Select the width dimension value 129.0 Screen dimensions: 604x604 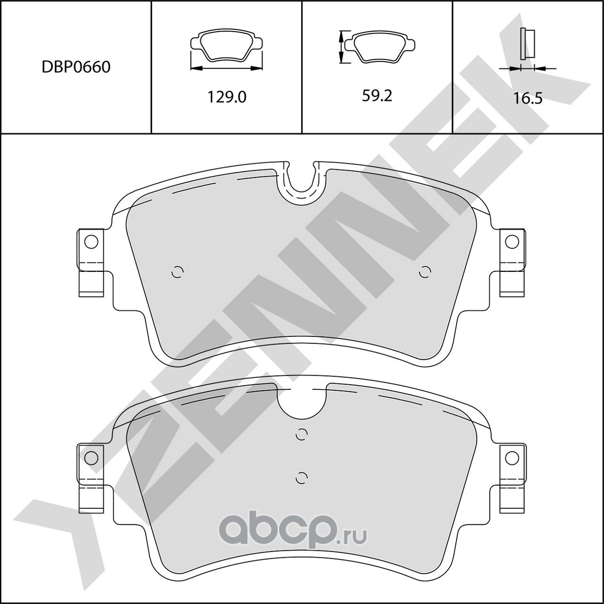227,97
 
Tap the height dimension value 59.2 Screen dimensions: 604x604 377,96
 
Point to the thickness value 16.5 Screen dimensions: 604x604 528,98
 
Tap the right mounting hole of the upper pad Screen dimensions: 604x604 511,242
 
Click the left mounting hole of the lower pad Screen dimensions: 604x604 91,457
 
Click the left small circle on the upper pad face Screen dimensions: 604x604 177,272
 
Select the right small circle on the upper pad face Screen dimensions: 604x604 425,272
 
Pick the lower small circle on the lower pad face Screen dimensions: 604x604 301,477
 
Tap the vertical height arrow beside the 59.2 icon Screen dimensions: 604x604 341,47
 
